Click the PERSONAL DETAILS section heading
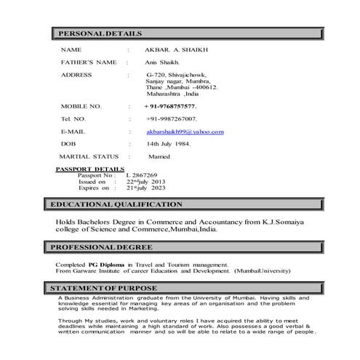pos(99,34)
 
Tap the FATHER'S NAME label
pos(89,63)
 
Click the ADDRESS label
pos(76,75)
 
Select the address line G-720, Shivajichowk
pos(176,75)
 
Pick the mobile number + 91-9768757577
pos(170,106)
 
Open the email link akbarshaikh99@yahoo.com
pos(185,132)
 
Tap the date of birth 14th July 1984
pos(168,143)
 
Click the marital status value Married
pos(159,156)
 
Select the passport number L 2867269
pos(141,175)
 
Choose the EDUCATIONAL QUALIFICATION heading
pos(116,205)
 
